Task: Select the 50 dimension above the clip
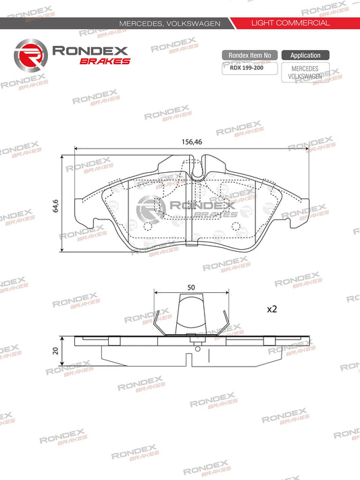click(191, 287)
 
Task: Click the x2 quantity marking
click(272, 309)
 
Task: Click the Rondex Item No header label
click(249, 55)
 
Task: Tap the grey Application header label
click(305, 55)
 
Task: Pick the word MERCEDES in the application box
click(305, 68)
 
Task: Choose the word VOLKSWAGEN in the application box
click(305, 76)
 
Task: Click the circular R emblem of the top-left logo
click(30, 54)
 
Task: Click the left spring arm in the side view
click(159, 323)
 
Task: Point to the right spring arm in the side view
click(228, 323)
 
